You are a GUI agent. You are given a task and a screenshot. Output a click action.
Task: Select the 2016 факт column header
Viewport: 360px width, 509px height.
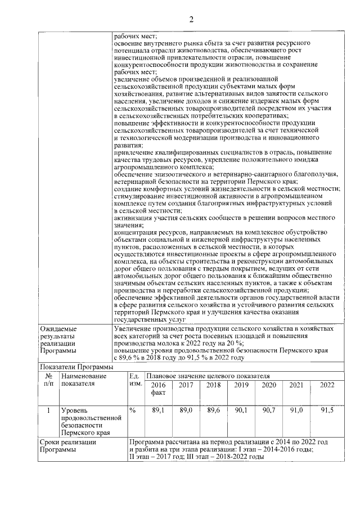(158, 389)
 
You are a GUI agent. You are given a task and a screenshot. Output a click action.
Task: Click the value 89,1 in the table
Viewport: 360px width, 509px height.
(158, 411)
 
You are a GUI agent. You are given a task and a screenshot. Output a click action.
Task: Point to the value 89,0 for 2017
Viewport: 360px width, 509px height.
(186, 411)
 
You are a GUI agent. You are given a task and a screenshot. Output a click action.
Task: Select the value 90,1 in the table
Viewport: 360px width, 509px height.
(241, 411)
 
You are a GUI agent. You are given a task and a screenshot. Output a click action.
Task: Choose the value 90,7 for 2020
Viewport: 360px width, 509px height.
(269, 411)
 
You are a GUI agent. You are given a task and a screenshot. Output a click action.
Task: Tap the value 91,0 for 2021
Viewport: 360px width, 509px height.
(296, 411)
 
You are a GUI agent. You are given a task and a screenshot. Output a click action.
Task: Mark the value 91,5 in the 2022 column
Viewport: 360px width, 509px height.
(327, 411)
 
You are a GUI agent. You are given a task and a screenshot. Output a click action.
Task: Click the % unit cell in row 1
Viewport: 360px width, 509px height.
(133, 411)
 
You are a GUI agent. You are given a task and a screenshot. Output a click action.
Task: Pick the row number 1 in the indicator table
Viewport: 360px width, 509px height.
(48, 411)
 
